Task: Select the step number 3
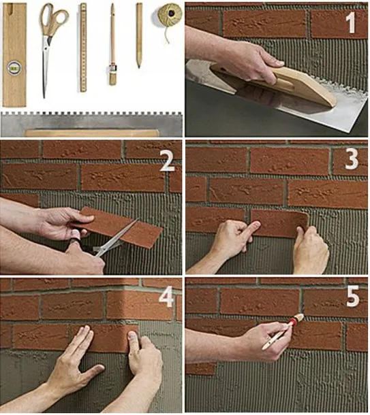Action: click(x=352, y=159)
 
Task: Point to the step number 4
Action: click(x=166, y=296)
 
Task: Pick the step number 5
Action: click(x=352, y=296)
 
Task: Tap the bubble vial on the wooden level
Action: click(x=14, y=67)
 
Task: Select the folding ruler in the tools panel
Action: click(x=83, y=48)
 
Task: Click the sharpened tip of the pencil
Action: click(x=138, y=65)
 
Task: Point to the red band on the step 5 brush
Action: click(x=292, y=322)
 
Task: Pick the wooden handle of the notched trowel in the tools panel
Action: click(x=91, y=133)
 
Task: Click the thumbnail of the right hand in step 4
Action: click(x=132, y=335)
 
